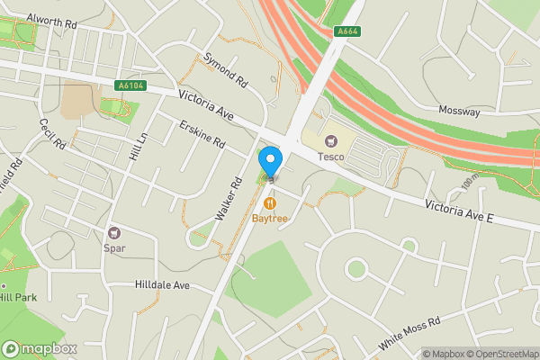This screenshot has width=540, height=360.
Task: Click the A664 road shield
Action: point(347,31)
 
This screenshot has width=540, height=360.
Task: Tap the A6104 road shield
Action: point(130,85)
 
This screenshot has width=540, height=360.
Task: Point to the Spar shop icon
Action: point(114,233)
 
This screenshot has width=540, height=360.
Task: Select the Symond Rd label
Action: point(224,67)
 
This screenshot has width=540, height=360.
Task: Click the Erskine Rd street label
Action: point(201,134)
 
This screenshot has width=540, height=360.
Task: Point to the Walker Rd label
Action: point(229,199)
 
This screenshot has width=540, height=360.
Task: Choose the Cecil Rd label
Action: point(52,133)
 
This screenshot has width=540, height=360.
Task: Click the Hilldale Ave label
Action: point(163,285)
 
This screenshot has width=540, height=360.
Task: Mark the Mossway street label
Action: point(459,111)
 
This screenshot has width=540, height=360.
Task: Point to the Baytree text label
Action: point(269,218)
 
